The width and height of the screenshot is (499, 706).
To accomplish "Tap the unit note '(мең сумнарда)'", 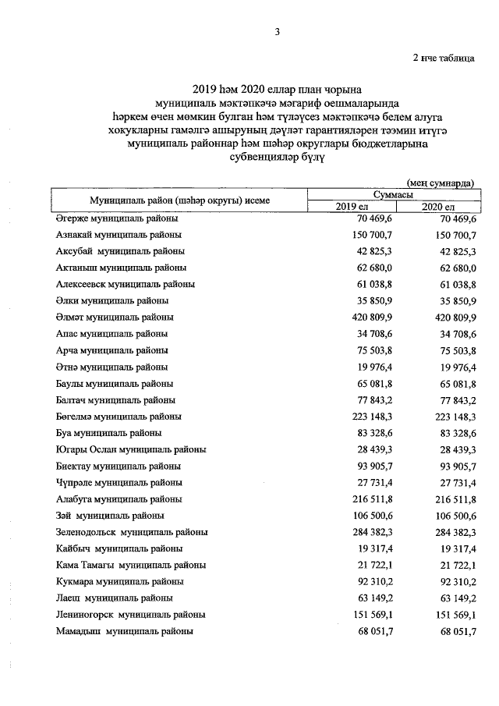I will (441, 182).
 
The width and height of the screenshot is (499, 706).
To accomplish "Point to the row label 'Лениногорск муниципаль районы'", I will (130, 615).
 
